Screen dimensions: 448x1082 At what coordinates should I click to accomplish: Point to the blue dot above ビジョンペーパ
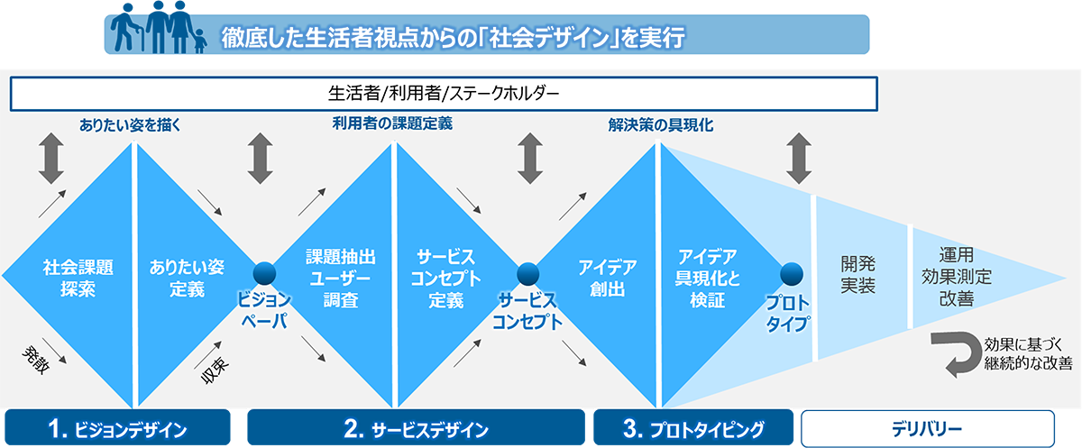pyautogui.click(x=263, y=273)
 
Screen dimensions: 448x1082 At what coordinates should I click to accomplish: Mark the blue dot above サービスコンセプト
pyautogui.click(x=527, y=271)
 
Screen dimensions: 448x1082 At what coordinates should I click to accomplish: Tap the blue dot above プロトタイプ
pyautogui.click(x=791, y=272)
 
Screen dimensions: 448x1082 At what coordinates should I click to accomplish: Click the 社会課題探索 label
pyautogui.click(x=69, y=279)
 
